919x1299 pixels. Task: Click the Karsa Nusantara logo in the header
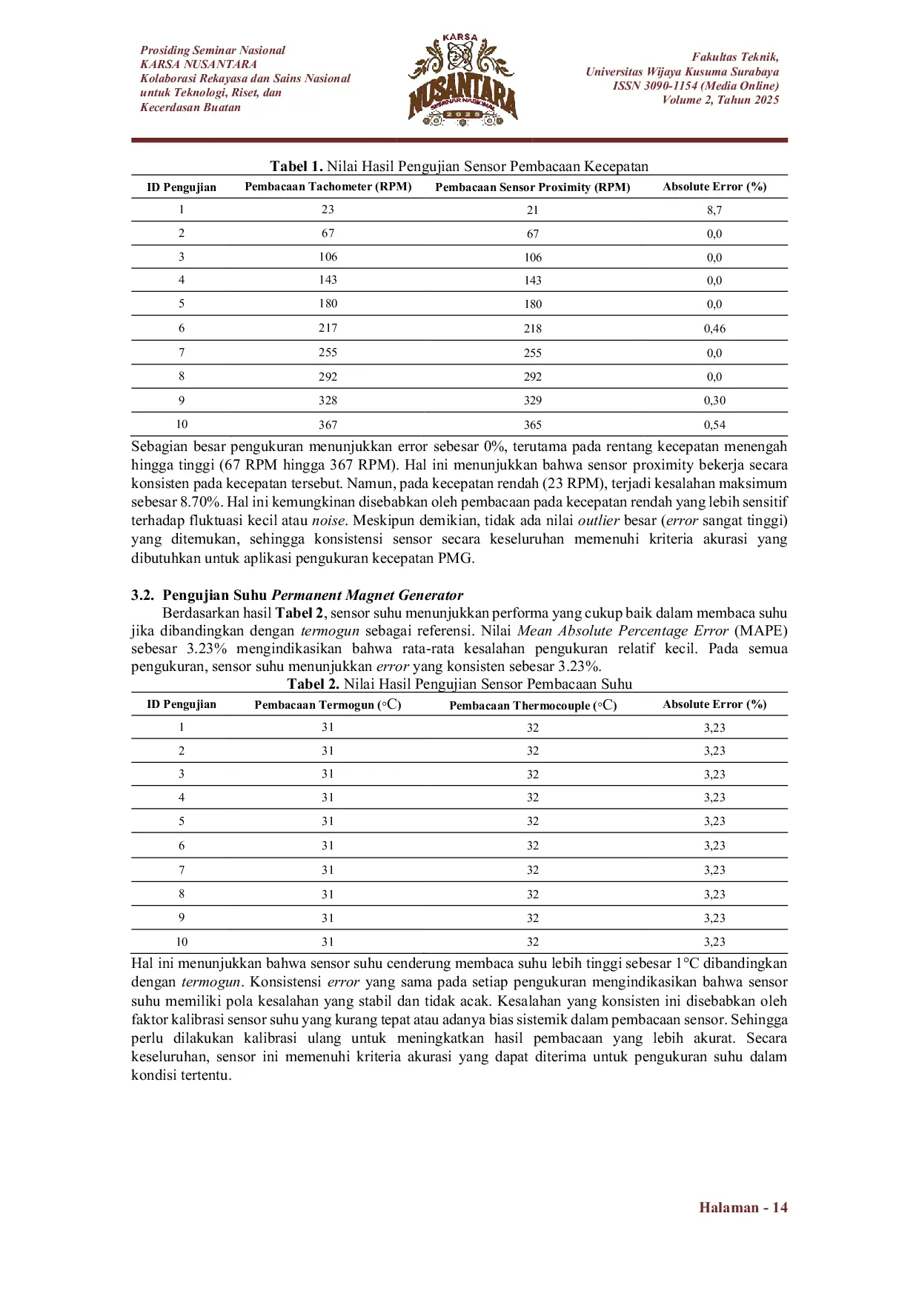click(462, 79)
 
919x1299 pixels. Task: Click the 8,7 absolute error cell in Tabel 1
click(714, 210)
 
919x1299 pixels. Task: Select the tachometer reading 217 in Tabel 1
click(328, 328)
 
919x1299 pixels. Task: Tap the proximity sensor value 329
click(533, 401)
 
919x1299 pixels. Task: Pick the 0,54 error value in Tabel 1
click(714, 425)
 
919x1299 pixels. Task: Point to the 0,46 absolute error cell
click(714, 329)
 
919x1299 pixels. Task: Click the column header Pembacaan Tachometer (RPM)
click(328, 187)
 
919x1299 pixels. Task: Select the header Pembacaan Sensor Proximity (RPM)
click(533, 187)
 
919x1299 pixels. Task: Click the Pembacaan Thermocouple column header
click(533, 705)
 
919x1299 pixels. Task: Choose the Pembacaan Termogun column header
click(328, 705)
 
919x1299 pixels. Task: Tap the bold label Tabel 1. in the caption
click(296, 166)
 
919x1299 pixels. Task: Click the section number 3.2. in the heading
click(143, 595)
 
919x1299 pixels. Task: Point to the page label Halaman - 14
click(743, 1208)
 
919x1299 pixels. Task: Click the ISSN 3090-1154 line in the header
click(695, 86)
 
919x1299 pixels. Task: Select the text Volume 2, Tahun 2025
click(720, 100)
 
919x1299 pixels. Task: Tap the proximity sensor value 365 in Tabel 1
click(533, 425)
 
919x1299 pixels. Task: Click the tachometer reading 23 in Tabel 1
click(328, 210)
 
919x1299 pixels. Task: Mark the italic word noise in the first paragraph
click(328, 521)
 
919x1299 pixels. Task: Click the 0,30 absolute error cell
click(714, 401)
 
